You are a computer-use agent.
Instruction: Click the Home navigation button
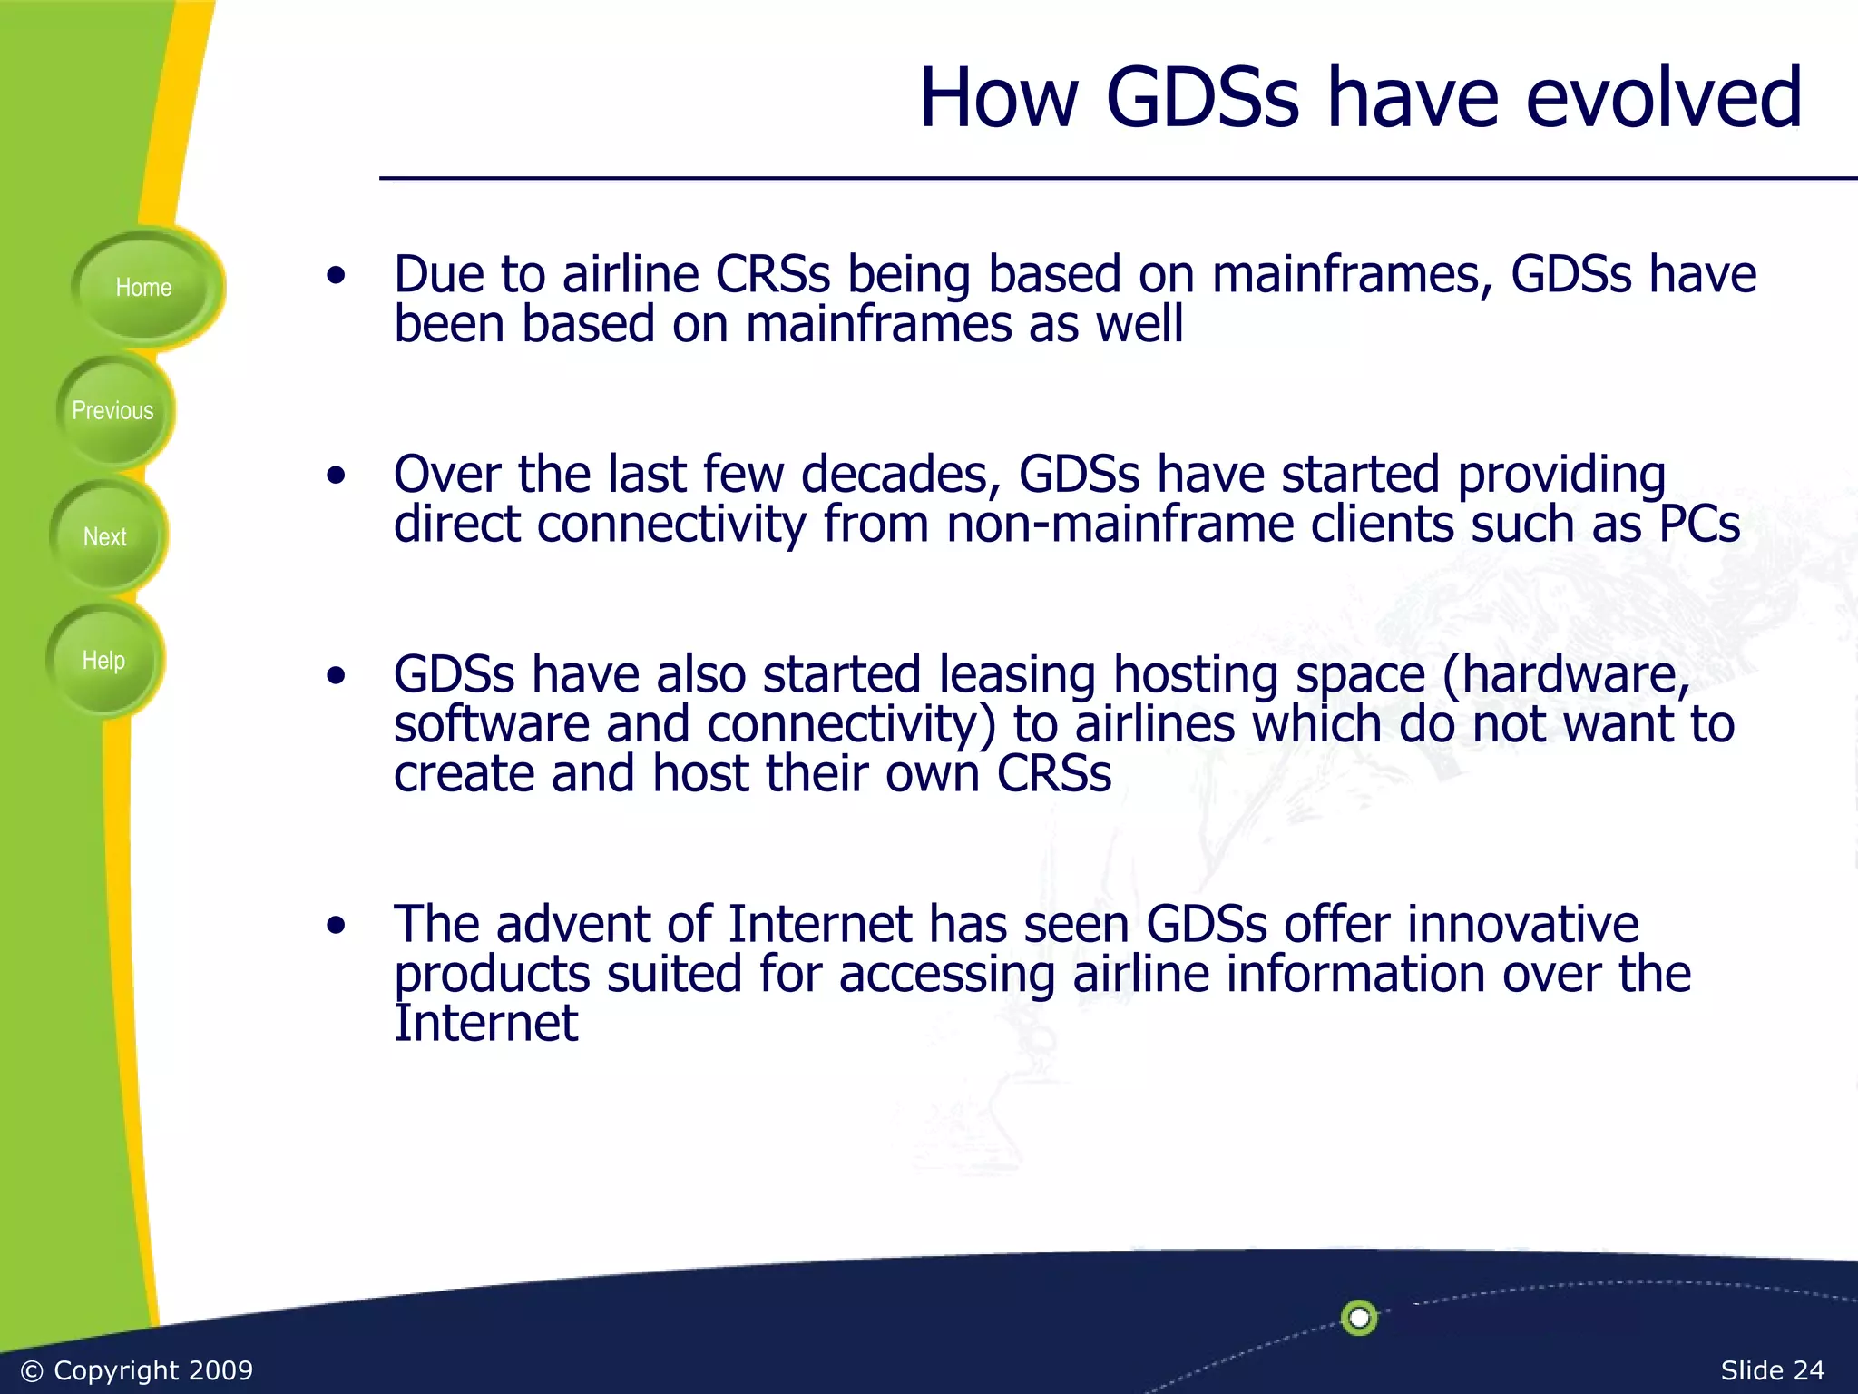pos(143,288)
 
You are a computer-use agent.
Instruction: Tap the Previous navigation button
pos(112,411)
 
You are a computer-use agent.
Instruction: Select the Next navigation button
pos(105,536)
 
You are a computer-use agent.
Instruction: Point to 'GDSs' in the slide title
pos(1202,98)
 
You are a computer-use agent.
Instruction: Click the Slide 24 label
pos(1772,1369)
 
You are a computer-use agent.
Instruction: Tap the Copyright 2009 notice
pos(137,1369)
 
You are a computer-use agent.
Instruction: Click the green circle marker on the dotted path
pos(1358,1317)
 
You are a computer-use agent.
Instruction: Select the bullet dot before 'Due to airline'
pos(337,275)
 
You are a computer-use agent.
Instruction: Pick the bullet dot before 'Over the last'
pos(337,475)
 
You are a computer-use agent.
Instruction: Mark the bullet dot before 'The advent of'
pos(337,925)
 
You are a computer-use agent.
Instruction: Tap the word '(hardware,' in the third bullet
pos(1566,676)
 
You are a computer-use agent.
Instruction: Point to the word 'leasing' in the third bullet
pos(1017,676)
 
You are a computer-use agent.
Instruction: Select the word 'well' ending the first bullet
pos(1139,325)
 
